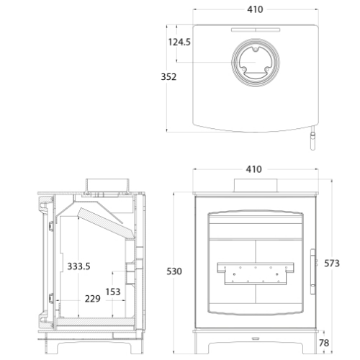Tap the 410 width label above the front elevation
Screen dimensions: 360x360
pyautogui.click(x=254, y=169)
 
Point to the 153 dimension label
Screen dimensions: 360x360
pyautogui.click(x=113, y=292)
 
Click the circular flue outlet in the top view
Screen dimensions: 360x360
pyautogui.click(x=254, y=63)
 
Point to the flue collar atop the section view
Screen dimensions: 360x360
pyautogui.click(x=106, y=185)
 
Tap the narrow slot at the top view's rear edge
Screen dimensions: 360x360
pyautogui.click(x=254, y=30)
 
